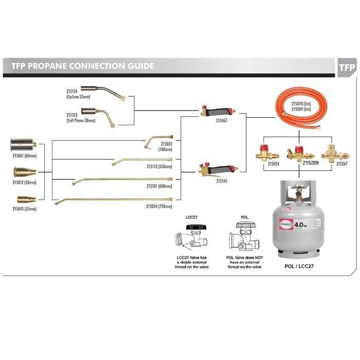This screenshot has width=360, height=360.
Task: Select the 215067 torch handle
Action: pos(219,111)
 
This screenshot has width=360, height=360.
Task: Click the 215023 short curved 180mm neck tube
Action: pos(154,139)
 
